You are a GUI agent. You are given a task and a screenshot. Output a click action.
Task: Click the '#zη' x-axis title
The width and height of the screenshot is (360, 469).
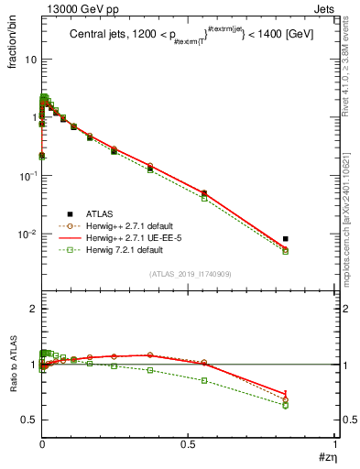(324, 456)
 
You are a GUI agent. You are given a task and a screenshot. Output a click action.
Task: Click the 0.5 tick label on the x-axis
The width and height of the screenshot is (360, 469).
(187, 443)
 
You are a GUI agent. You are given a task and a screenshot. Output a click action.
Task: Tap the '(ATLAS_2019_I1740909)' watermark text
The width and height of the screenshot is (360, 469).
(189, 274)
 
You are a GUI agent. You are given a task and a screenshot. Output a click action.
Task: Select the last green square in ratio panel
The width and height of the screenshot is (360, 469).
(286, 405)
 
